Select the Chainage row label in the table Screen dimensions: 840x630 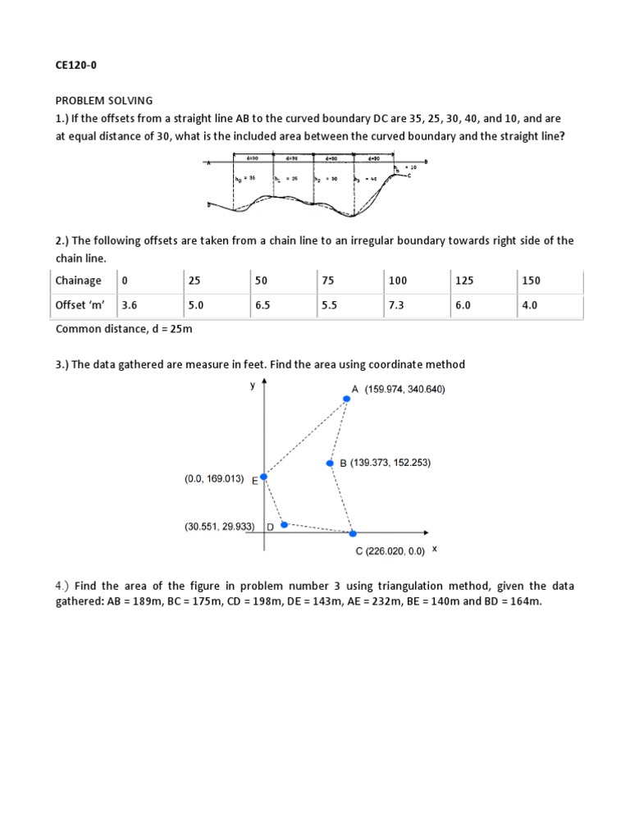click(79, 281)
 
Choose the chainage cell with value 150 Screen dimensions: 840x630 click(530, 281)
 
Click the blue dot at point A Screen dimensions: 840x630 click(346, 399)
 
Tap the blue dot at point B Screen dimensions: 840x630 click(330, 463)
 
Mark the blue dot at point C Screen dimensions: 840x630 click(353, 533)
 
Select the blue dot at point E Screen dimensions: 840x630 click(263, 477)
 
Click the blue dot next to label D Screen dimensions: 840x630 click(284, 524)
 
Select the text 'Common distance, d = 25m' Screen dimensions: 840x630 click(123, 329)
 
